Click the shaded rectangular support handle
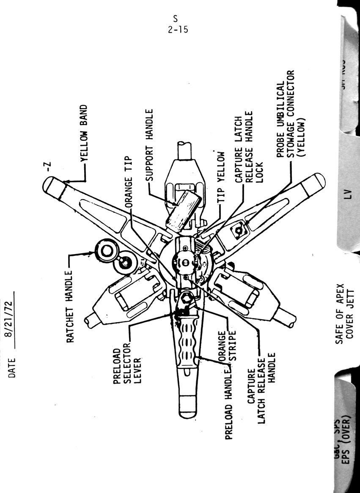point(183,209)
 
